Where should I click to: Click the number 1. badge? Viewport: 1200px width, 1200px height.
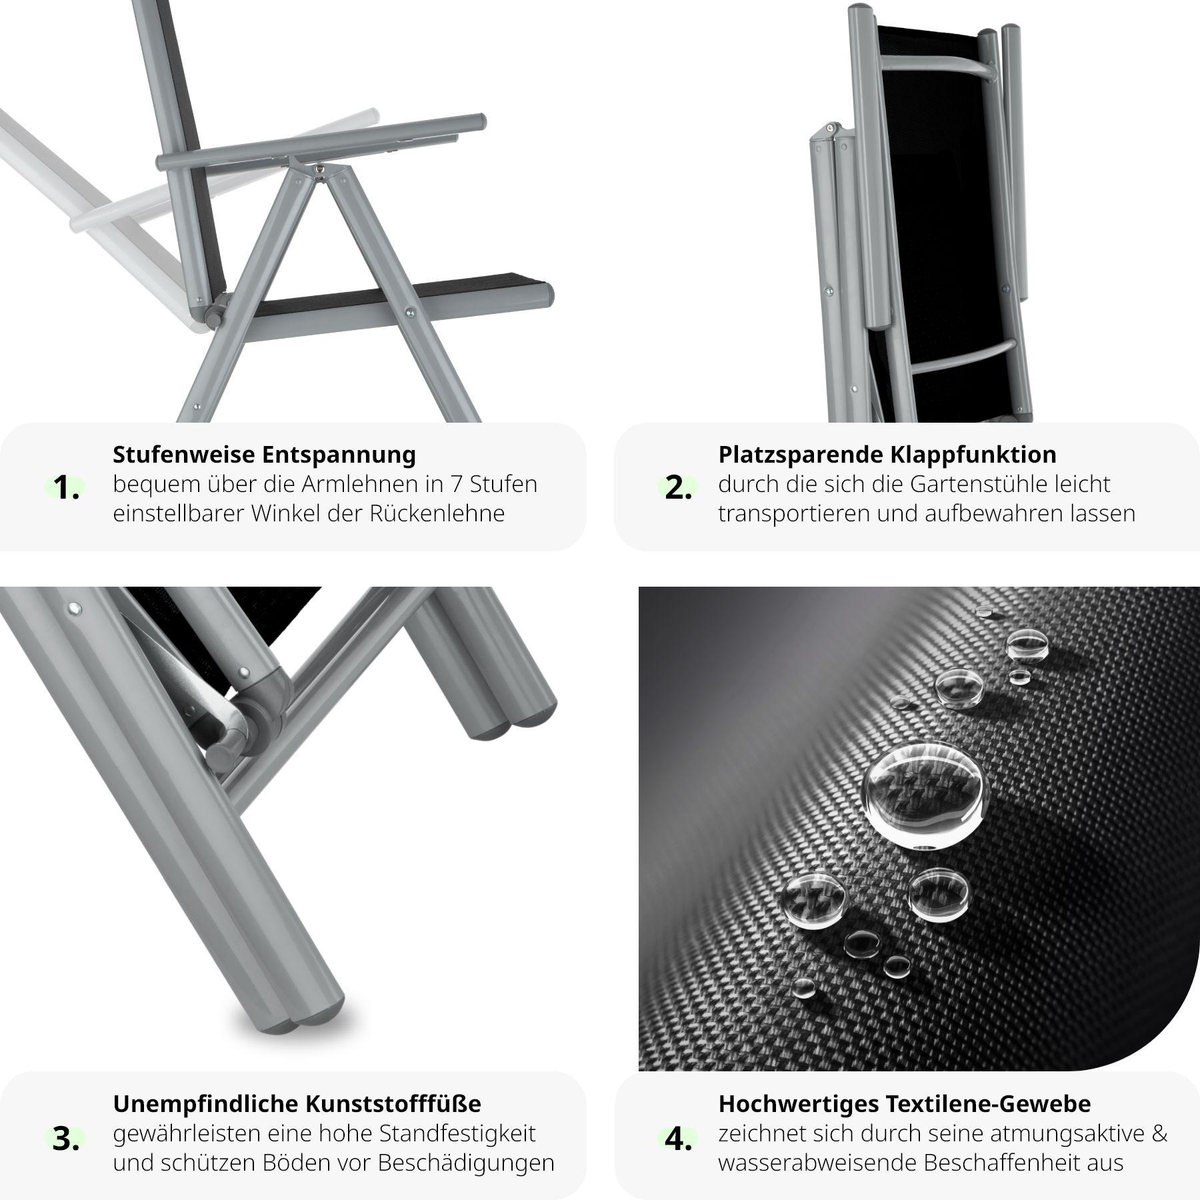66,489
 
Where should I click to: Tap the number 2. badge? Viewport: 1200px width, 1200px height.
677,489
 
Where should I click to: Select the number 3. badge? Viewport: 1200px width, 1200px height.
66,1140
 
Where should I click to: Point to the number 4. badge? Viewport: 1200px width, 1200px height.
677,1140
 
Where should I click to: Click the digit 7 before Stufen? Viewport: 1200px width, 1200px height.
457,484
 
